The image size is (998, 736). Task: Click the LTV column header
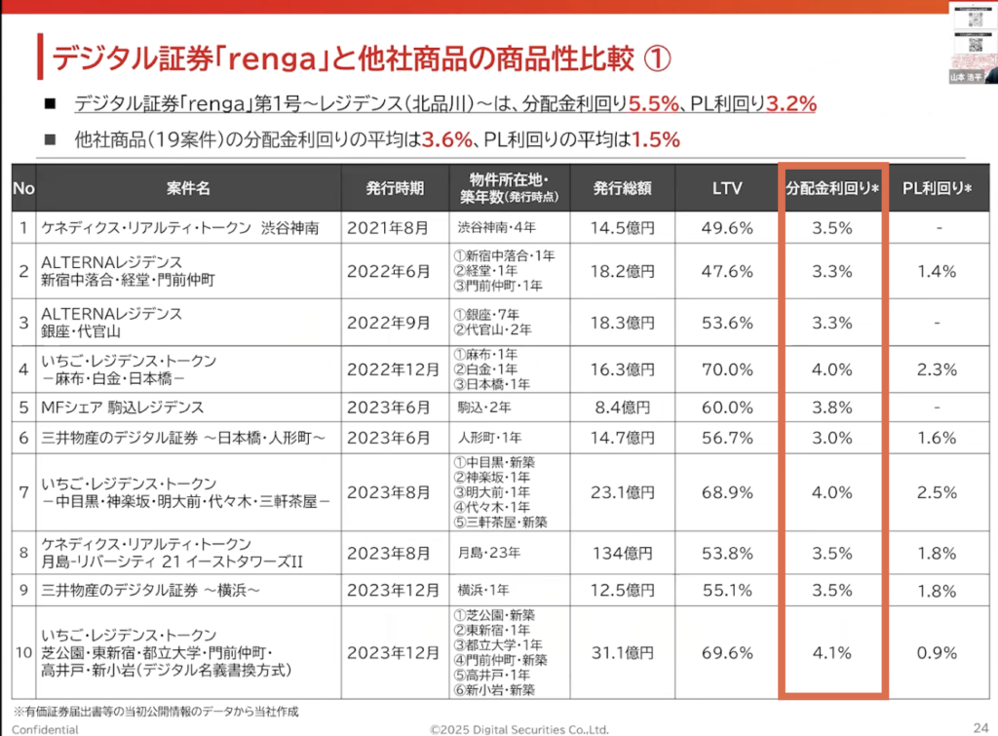727,186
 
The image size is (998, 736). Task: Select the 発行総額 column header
622,186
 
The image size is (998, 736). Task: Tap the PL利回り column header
937,186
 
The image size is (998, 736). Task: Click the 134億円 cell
622,554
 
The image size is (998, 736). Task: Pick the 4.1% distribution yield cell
831,649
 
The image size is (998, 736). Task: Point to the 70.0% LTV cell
727,369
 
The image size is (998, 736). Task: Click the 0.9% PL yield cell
937,649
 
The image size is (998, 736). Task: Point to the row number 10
23,649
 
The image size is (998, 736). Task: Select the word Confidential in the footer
45,728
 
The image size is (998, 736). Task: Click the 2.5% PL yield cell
937,492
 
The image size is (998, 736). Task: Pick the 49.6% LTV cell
727,228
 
